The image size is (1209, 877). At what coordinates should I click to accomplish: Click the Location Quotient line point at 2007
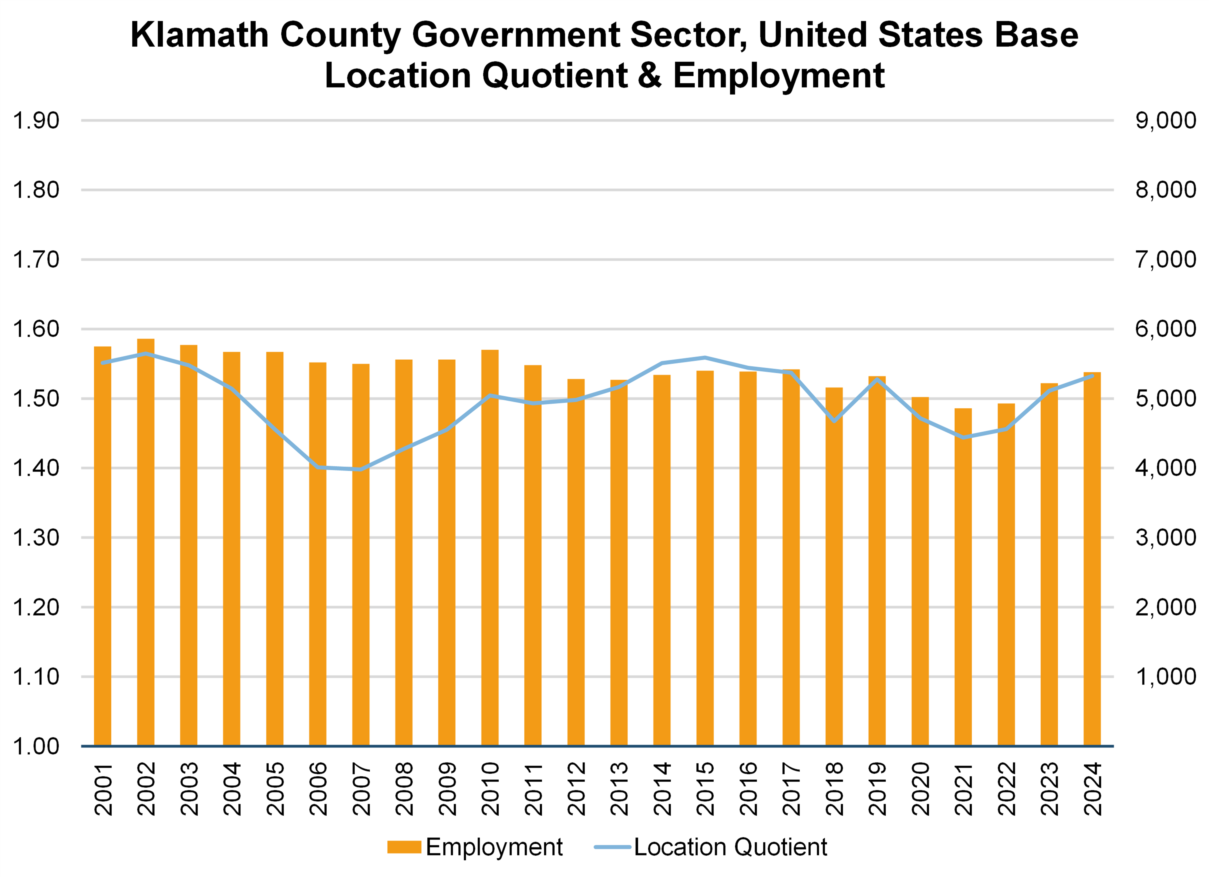click(x=361, y=469)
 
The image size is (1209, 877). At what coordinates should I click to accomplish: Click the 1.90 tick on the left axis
click(x=36, y=121)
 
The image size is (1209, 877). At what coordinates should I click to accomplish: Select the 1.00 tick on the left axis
click(x=36, y=746)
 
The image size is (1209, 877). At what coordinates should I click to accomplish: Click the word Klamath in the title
click(x=199, y=35)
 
